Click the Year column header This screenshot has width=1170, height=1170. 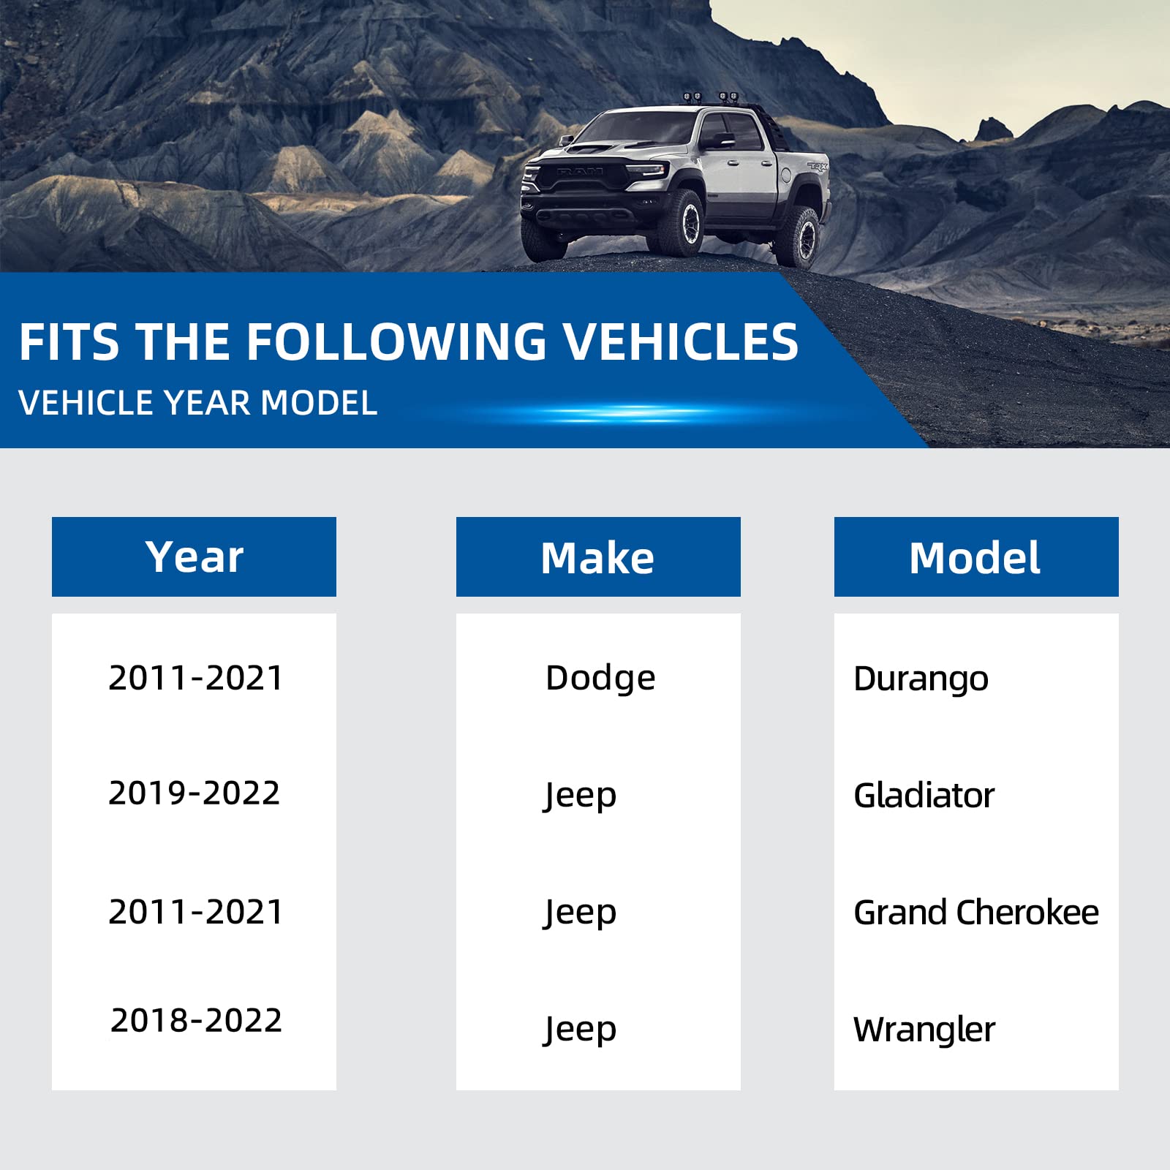pyautogui.click(x=194, y=556)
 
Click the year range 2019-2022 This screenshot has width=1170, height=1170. pyautogui.click(x=195, y=793)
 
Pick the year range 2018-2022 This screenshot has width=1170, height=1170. pyautogui.click(x=196, y=1020)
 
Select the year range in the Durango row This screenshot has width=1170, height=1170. pyautogui.click(x=195, y=678)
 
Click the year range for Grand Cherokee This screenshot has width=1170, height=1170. pyautogui.click(x=195, y=912)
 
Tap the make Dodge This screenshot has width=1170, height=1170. pyautogui.click(x=600, y=678)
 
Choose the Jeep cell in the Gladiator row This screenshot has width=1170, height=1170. pyautogui.click(x=580, y=796)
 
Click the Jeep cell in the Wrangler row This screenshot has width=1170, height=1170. pyautogui.click(x=580, y=1030)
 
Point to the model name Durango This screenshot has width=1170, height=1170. pyautogui.click(x=921, y=679)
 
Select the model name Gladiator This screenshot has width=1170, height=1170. pyautogui.click(x=924, y=795)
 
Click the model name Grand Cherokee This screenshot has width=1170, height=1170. pyautogui.click(x=976, y=912)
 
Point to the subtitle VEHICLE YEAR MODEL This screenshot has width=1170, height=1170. pyautogui.click(x=197, y=402)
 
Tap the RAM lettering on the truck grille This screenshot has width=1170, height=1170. pyautogui.click(x=580, y=171)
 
